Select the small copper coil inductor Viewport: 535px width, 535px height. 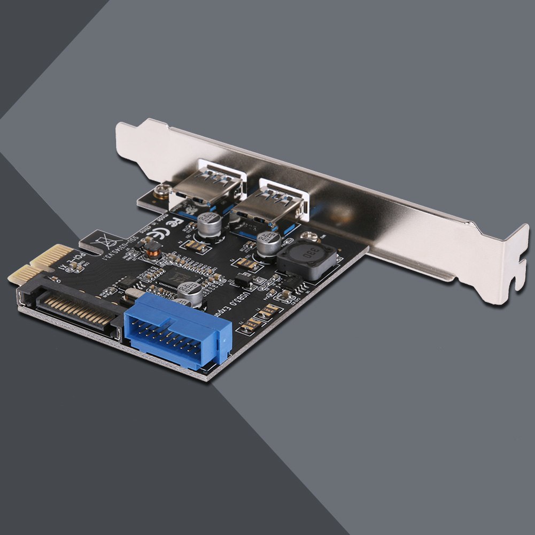click(153, 247)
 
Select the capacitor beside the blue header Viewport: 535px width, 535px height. click(191, 293)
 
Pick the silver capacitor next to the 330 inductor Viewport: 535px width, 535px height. click(268, 243)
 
